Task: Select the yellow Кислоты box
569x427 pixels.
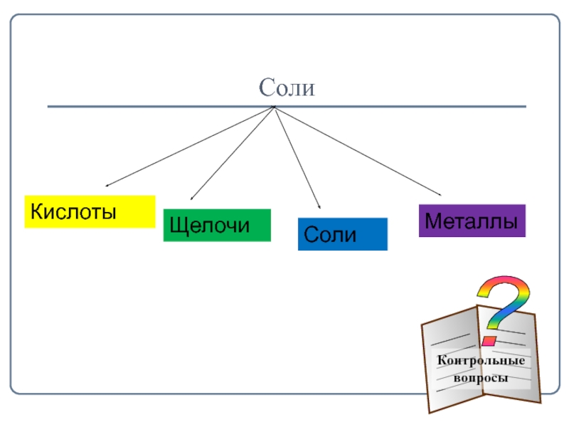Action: point(90,211)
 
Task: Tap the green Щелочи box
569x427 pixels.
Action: point(217,225)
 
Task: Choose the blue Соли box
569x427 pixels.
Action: point(342,234)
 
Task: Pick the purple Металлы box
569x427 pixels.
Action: point(472,221)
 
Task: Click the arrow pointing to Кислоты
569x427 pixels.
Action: point(188,147)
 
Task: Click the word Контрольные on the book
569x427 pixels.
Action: point(482,361)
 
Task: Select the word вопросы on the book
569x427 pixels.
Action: point(482,378)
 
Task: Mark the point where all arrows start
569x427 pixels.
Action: point(274,107)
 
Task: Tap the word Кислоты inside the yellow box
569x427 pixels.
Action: point(73,211)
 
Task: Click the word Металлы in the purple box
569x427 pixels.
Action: point(472,221)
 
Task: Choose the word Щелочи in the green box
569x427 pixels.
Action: point(210,226)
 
